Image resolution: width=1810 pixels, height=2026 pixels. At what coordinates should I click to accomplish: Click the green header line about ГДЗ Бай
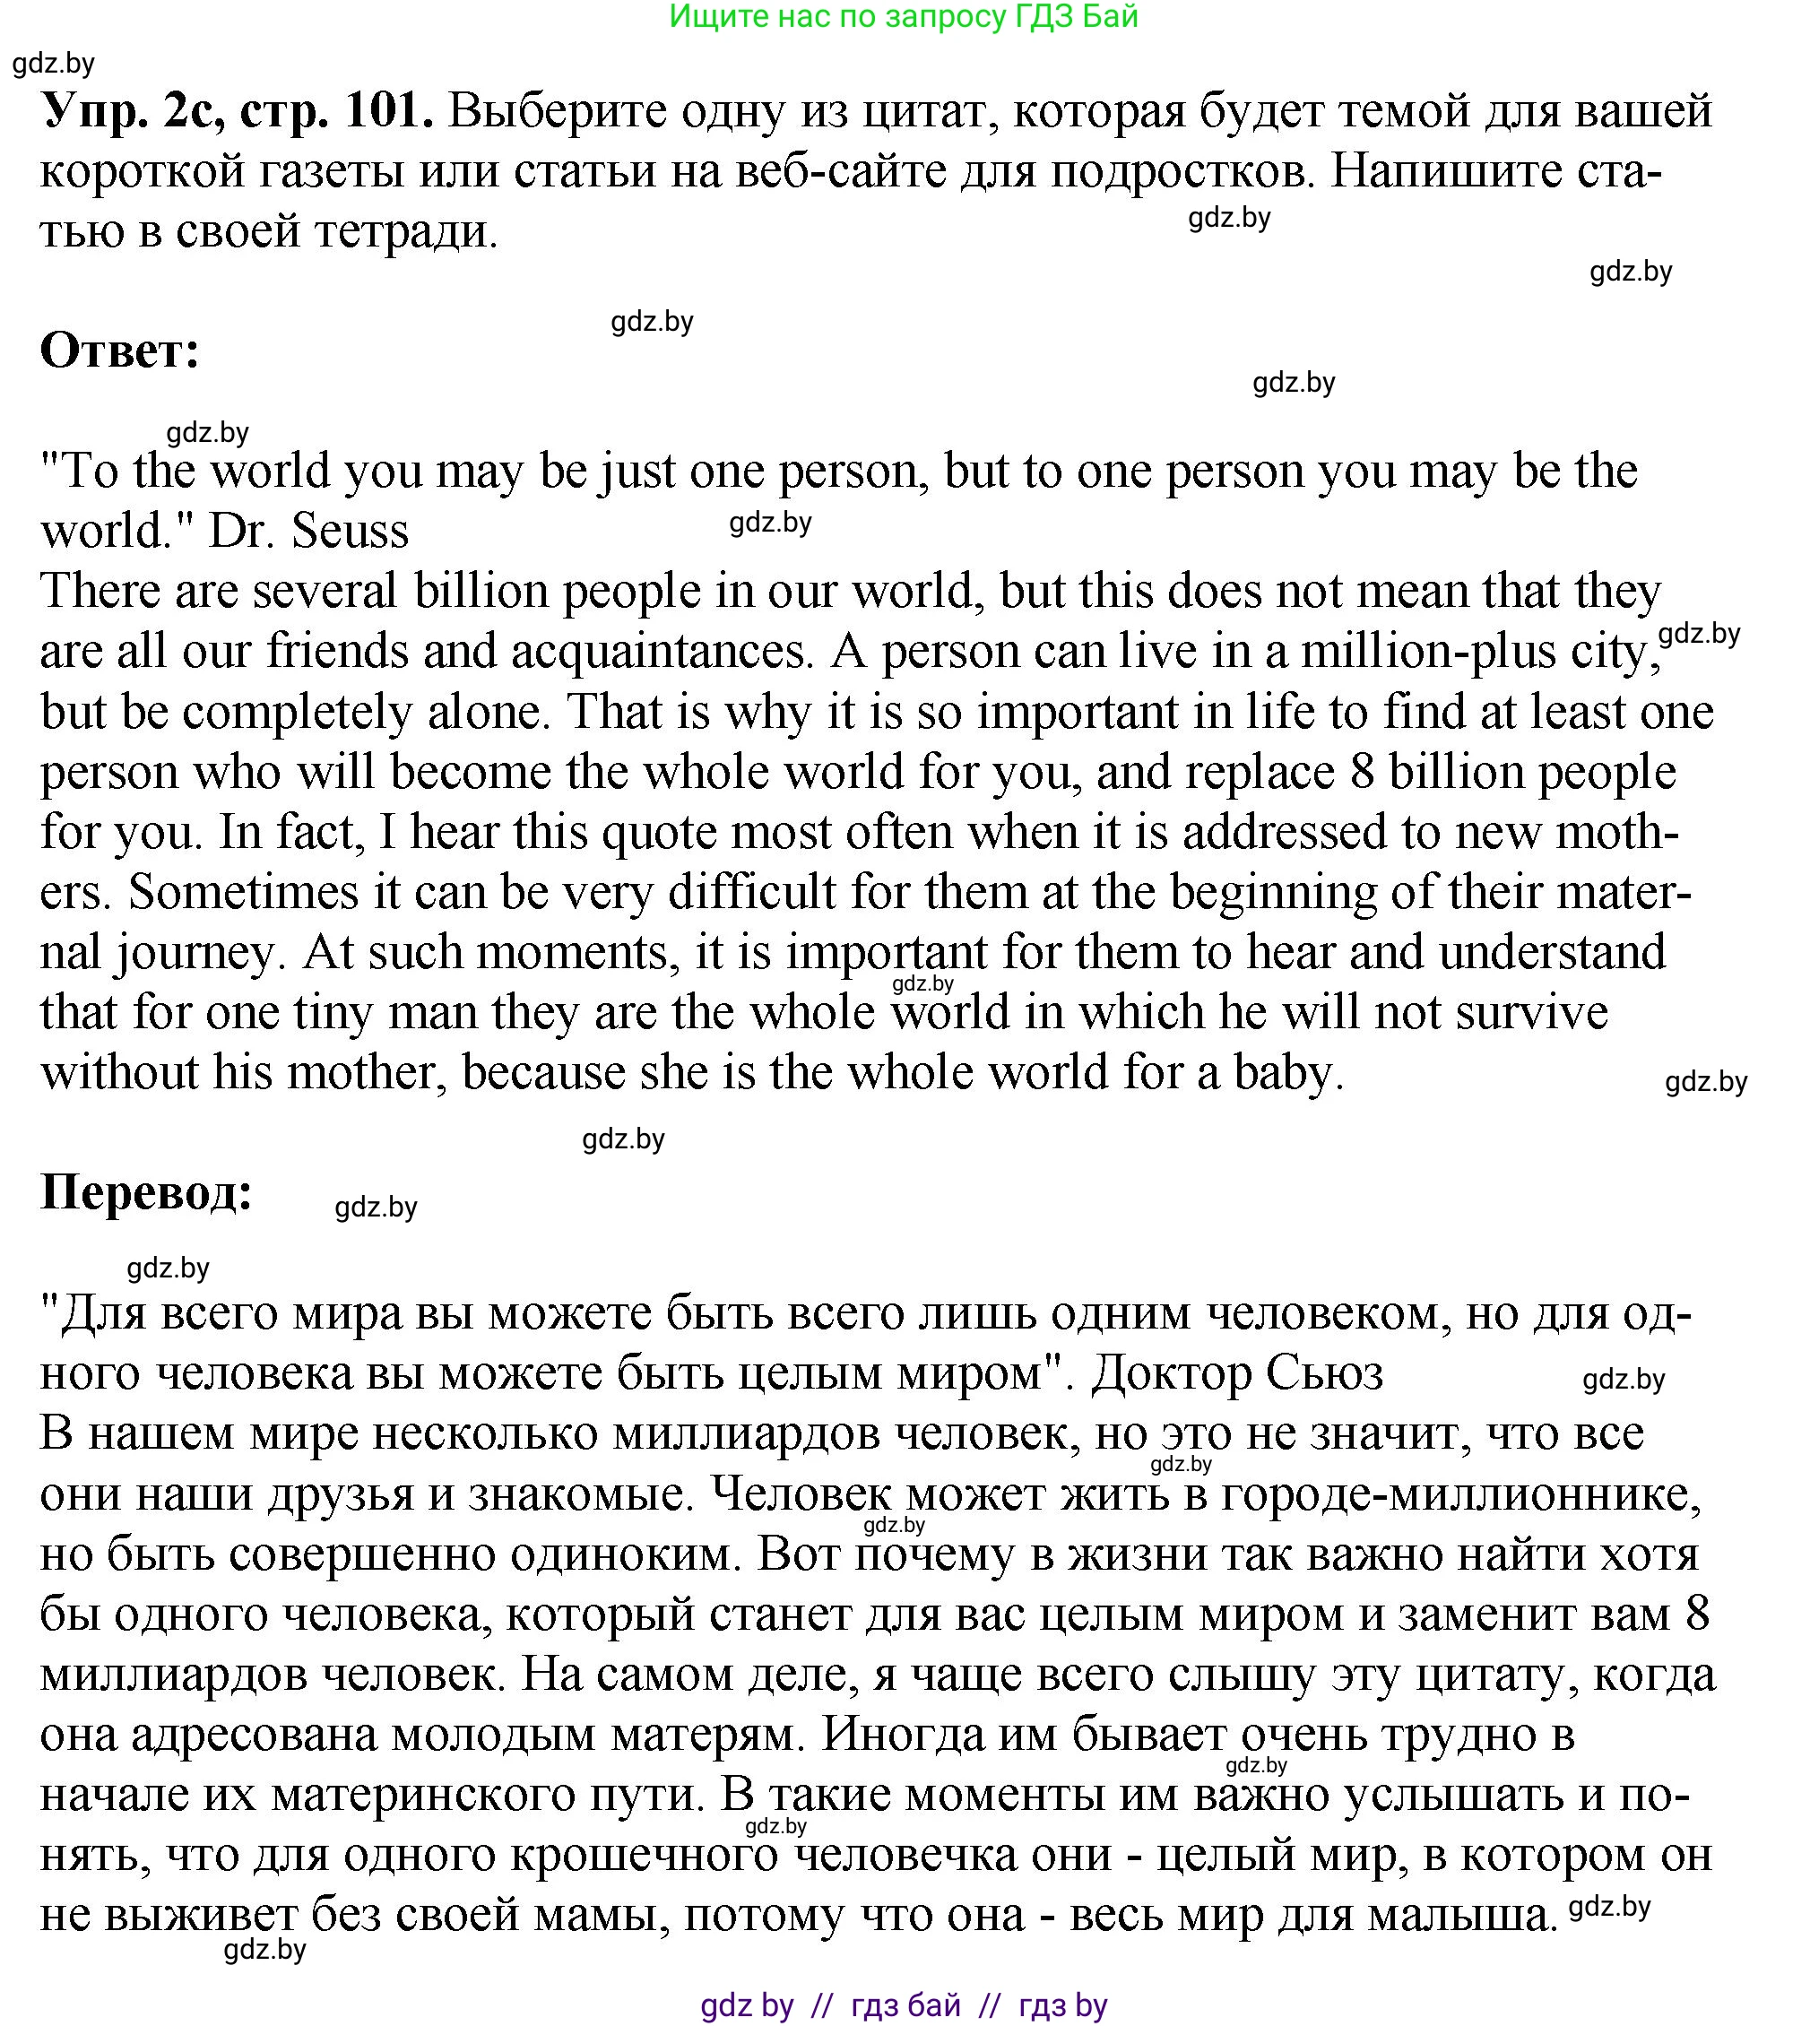click(903, 17)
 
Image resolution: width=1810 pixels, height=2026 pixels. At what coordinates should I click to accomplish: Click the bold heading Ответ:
click(120, 351)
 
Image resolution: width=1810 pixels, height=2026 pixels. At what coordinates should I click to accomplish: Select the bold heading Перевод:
click(146, 1191)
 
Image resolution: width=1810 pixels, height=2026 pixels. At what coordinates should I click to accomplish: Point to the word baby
click(1288, 1073)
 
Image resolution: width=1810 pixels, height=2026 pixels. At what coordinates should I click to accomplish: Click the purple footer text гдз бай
click(906, 2005)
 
